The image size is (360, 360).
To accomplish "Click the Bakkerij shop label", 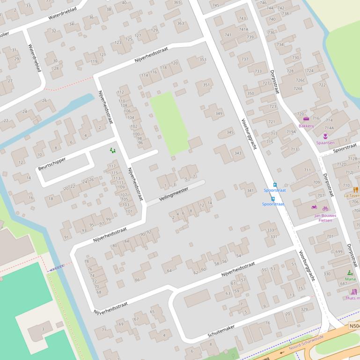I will [306, 126].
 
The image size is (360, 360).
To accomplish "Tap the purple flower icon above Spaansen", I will [325, 137].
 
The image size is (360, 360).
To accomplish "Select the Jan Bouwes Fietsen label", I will [325, 218].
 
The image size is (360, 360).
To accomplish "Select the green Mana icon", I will [350, 273].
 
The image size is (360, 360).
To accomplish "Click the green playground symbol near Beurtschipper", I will [112, 150].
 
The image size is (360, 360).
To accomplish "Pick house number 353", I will [202, 59].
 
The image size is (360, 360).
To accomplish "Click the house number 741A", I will [243, 29].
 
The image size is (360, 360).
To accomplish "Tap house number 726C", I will [300, 80].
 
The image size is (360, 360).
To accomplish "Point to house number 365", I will [177, 2].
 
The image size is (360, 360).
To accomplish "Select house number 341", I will [250, 190].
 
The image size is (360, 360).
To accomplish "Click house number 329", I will [304, 310].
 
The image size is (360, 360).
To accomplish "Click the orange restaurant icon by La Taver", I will [356, 190].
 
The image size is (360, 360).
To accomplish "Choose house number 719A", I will [291, 132].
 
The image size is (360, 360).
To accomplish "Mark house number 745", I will [215, 5].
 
